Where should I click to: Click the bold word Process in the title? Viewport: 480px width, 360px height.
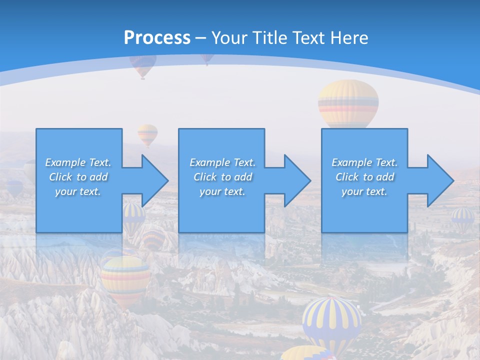click(157, 37)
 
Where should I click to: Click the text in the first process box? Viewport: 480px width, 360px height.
click(78, 177)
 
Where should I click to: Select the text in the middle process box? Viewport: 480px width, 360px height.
click(222, 177)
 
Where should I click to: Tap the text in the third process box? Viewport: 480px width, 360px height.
click(364, 177)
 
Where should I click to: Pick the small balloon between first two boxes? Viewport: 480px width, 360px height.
click(147, 134)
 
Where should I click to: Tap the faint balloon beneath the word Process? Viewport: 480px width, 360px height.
click(143, 65)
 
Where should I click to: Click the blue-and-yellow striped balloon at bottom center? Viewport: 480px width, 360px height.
click(331, 320)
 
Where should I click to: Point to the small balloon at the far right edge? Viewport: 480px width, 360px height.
click(463, 218)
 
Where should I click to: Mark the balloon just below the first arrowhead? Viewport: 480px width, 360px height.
click(134, 217)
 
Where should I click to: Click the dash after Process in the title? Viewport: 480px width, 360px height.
click(200, 38)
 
